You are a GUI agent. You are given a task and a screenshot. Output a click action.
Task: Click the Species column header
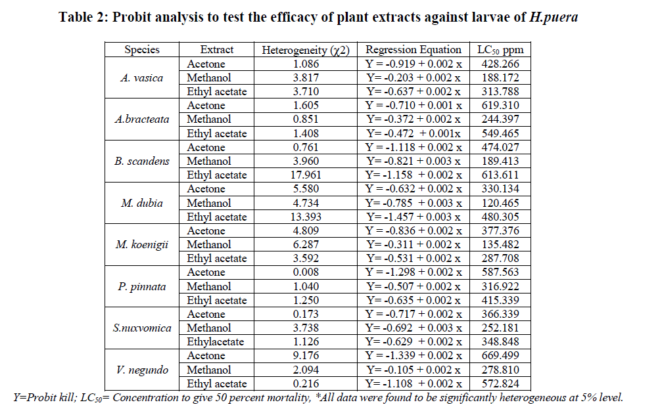click(x=141, y=49)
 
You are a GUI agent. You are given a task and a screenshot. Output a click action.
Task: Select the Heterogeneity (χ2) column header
click(x=306, y=49)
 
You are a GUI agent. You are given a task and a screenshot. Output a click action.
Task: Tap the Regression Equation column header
click(x=414, y=49)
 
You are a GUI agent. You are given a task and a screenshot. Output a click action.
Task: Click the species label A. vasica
click(x=141, y=77)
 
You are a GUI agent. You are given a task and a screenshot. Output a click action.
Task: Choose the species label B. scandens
click(x=141, y=161)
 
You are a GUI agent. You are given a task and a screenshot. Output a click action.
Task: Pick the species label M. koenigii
click(x=141, y=244)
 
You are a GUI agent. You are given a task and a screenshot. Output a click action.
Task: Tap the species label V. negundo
click(x=141, y=370)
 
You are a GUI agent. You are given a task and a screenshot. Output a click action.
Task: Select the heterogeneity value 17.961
click(x=306, y=175)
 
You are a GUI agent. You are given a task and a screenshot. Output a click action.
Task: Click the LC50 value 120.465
click(x=500, y=203)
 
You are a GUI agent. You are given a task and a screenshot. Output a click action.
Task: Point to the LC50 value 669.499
click(x=500, y=356)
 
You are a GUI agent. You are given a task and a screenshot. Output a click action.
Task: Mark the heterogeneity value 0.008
click(x=306, y=272)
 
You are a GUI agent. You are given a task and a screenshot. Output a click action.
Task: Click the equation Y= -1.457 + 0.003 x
click(x=414, y=217)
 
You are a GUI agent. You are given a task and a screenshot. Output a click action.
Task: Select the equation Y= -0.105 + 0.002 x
click(x=414, y=370)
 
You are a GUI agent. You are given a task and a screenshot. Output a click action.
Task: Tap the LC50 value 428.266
click(x=500, y=64)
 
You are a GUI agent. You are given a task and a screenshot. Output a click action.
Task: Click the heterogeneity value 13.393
click(x=306, y=217)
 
